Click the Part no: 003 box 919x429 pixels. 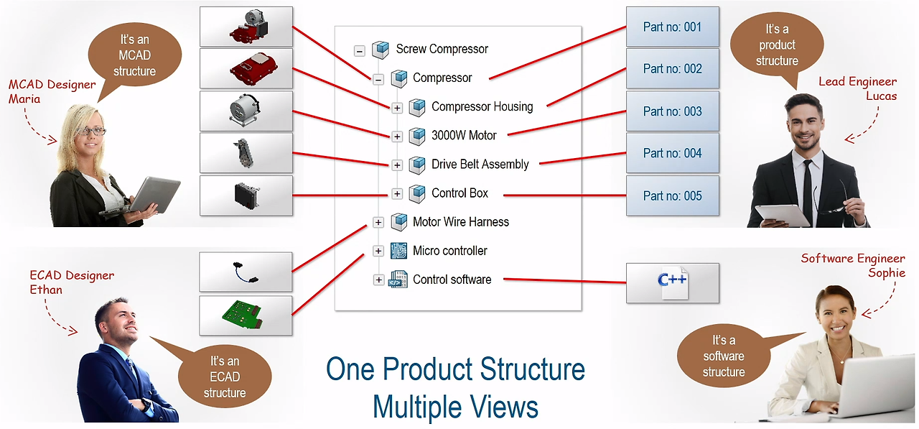coord(672,111)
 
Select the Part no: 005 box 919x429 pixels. coord(672,195)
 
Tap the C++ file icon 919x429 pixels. coord(673,282)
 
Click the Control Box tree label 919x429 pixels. coord(459,193)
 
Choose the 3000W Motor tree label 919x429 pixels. coord(464,135)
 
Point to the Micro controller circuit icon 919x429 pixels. coord(399,251)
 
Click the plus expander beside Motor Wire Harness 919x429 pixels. coord(378,222)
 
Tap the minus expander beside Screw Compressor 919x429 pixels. coord(360,50)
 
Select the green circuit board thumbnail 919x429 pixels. coord(246,315)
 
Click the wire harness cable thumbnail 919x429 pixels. coord(246,272)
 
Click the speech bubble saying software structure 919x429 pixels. coord(724,356)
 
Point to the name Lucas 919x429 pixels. coord(881,96)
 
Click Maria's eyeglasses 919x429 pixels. coord(93,131)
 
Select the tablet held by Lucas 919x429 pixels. coord(783,215)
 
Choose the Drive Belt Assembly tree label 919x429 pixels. coord(480,165)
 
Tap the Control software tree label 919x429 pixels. coord(452,280)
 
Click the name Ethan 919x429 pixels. coord(46,290)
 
